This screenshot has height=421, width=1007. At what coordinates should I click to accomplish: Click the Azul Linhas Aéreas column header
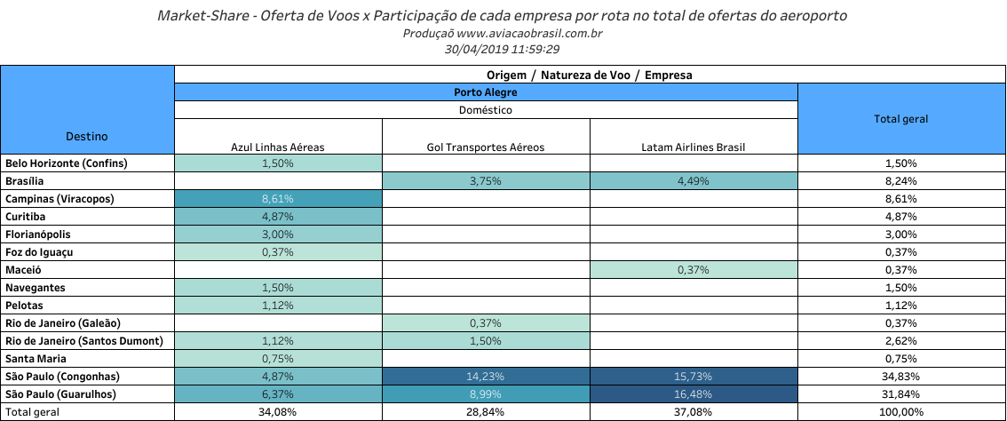coord(278,147)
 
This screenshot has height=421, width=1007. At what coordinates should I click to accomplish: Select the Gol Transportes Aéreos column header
coord(486,147)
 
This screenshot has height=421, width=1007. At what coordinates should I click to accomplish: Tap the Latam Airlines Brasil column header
coord(694,147)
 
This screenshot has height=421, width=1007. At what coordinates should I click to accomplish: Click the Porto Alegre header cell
coord(486,92)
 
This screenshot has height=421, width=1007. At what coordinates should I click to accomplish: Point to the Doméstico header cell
coord(486,110)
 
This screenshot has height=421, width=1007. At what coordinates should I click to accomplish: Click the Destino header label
coord(87,136)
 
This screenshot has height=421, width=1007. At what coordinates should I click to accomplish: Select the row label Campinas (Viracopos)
coord(59,199)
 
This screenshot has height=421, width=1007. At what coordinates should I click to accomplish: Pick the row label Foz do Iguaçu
coord(41,252)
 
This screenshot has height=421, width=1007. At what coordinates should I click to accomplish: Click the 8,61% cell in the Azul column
coord(278,199)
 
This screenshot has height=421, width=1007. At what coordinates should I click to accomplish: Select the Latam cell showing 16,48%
coord(694,394)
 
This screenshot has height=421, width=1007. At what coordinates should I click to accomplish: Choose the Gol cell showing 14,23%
coord(486,377)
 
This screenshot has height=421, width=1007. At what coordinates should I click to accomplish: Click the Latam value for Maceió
coord(694,270)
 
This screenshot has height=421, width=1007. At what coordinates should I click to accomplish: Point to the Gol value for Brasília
coord(486,181)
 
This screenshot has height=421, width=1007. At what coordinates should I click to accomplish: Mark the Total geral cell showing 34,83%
coord(902,377)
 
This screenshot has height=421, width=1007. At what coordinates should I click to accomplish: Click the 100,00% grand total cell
coord(902,412)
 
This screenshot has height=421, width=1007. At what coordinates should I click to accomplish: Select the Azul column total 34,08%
coord(278,412)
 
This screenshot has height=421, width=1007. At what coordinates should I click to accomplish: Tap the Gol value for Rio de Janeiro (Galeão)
coord(486,323)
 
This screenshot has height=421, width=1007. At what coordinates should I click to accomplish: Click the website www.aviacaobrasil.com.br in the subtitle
coord(530,34)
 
